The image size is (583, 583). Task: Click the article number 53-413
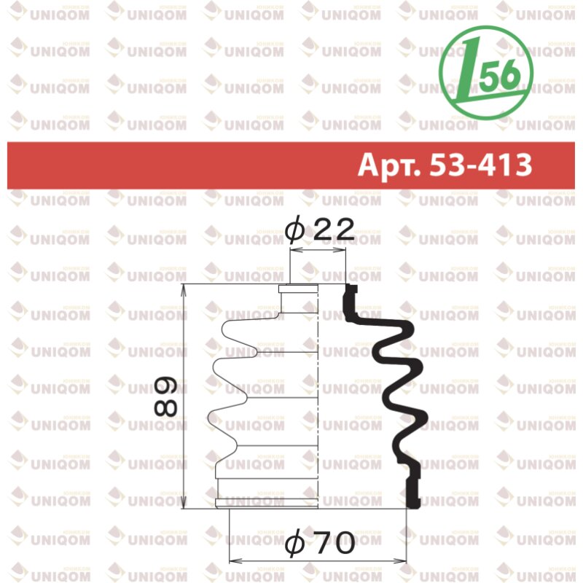(x=481, y=165)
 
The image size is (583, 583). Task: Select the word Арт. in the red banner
(x=389, y=165)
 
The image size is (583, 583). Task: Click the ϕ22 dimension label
(x=319, y=230)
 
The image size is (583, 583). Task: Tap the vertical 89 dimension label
(x=166, y=396)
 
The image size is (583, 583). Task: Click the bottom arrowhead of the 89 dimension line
(x=183, y=503)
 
